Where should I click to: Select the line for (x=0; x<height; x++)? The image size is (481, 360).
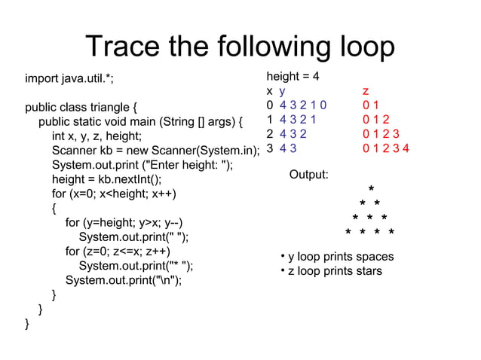114,194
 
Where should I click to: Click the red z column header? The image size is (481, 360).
366,91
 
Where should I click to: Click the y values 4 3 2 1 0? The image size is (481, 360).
303,105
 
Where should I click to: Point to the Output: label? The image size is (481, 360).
309,175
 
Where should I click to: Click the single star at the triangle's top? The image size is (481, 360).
370,188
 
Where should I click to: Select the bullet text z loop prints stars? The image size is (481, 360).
335,271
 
